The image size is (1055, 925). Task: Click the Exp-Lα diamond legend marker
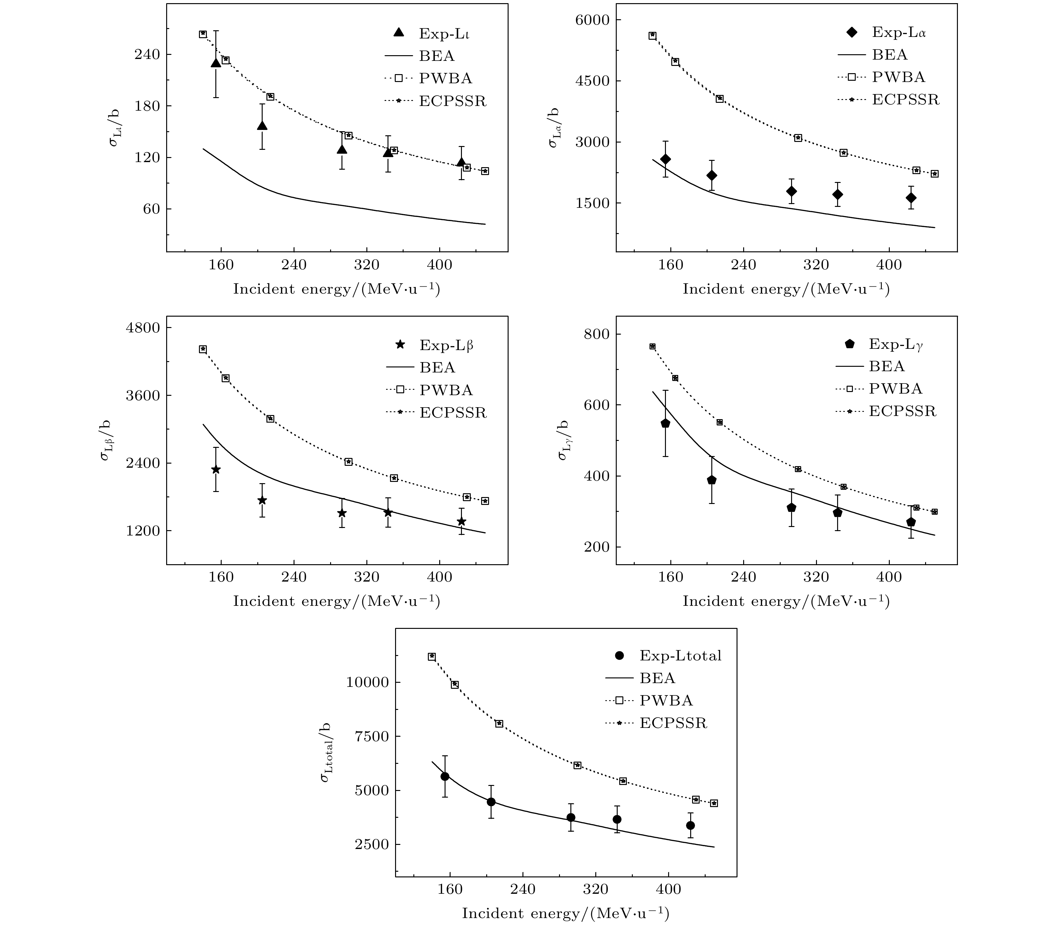point(852,32)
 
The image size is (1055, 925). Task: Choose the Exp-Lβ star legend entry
point(399,344)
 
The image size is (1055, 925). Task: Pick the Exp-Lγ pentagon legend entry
point(849,343)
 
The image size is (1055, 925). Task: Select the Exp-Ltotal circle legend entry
point(620,656)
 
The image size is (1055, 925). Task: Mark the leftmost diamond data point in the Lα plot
point(665,159)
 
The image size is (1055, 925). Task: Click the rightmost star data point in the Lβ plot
point(461,521)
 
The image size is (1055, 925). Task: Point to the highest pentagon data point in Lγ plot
point(665,423)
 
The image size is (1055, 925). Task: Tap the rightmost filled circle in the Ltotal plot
point(690,825)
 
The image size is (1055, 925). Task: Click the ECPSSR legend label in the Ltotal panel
point(673,723)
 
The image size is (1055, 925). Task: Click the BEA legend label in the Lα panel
point(890,55)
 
